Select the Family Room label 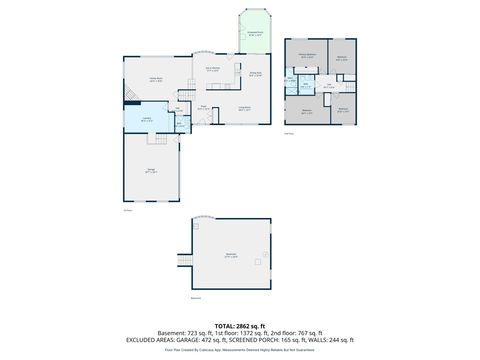(x=157, y=79)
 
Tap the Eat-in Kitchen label (x=213, y=70)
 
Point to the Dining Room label (x=255, y=74)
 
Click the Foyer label (x=203, y=107)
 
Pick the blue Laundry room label (x=146, y=119)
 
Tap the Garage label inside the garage (x=151, y=171)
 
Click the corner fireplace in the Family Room (x=130, y=96)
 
